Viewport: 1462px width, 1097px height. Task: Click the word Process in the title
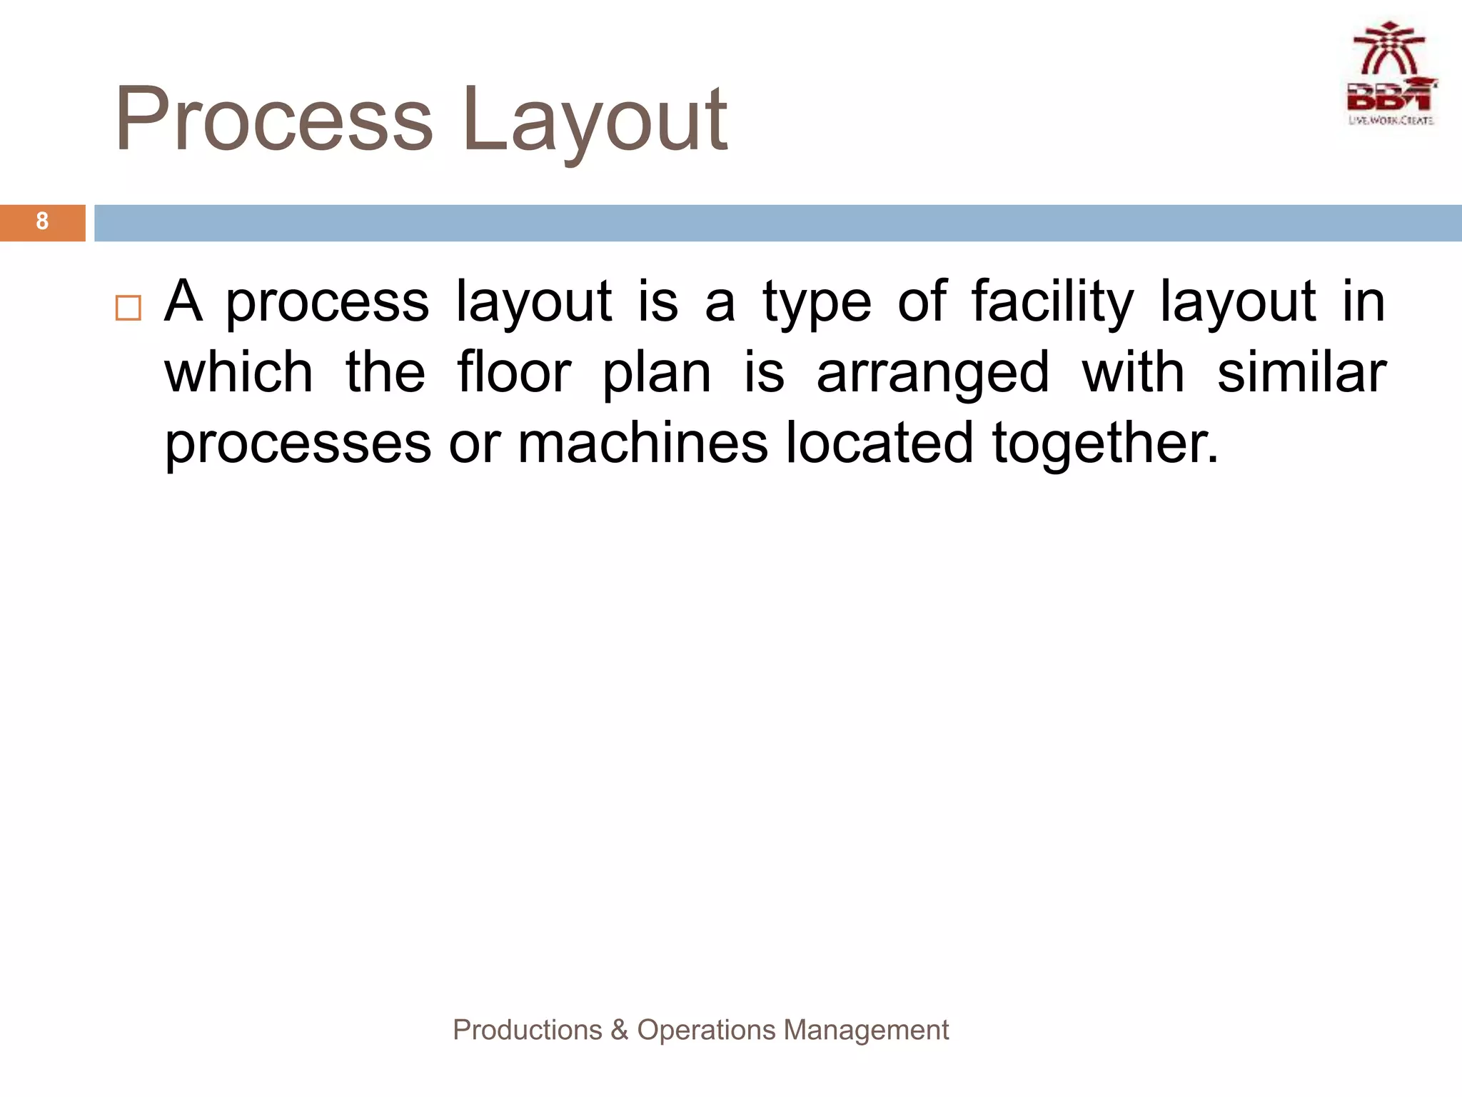click(274, 120)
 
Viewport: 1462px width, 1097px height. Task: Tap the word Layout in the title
click(594, 120)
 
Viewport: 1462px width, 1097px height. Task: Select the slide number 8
click(42, 221)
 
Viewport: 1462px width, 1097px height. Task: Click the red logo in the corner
click(1391, 74)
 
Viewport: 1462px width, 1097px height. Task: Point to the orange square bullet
click(128, 308)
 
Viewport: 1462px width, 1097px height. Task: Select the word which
click(238, 373)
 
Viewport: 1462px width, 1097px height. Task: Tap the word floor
click(514, 373)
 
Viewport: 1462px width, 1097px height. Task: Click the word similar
click(1301, 373)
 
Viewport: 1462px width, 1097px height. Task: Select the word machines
click(642, 443)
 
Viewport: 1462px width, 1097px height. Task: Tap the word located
click(879, 443)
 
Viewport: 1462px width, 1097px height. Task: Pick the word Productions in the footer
click(528, 1030)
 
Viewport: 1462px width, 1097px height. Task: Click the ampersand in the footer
click(620, 1030)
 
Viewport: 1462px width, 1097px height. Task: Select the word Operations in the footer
click(706, 1031)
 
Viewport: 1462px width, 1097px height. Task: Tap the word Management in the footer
click(866, 1031)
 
